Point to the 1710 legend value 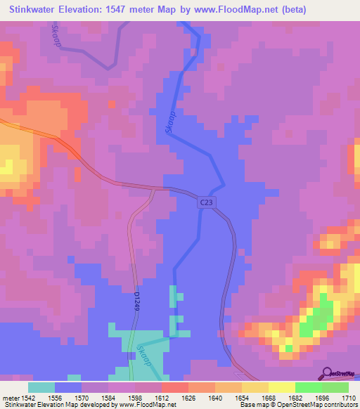coord(348,398)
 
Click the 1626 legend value coord(188,398)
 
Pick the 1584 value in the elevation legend coord(109,398)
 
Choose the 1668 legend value coord(269,398)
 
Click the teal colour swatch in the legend coord(41,387)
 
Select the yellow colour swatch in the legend coord(281,387)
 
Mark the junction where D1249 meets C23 coord(153,189)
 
